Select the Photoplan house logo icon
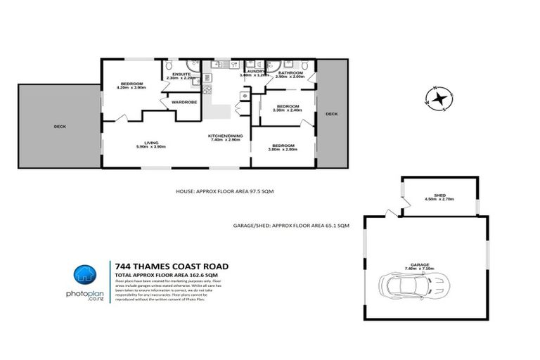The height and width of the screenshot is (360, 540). (86, 275)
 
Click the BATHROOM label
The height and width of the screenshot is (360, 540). (290, 72)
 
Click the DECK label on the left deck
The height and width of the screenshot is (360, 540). (59, 127)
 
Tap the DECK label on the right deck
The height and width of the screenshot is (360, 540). (331, 114)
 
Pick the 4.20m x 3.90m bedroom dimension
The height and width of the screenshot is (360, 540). (131, 88)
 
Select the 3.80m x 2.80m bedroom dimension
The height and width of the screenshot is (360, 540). (284, 150)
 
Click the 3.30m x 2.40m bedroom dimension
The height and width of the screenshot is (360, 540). (287, 110)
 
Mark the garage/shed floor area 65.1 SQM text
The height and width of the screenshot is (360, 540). (290, 227)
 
